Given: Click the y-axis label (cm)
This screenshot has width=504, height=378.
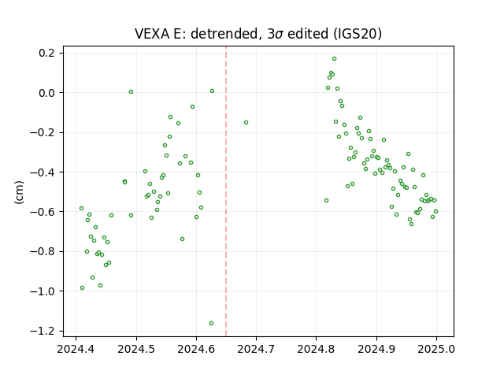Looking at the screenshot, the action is pyautogui.click(x=19, y=192).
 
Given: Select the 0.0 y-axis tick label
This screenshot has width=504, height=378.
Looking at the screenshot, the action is pyautogui.click(x=46, y=93).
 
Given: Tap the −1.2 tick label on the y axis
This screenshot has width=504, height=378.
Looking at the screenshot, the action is pyautogui.click(x=42, y=331).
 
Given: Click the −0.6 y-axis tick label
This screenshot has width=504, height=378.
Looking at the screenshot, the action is pyautogui.click(x=42, y=212).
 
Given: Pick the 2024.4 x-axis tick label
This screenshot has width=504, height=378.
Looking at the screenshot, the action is pyautogui.click(x=76, y=349).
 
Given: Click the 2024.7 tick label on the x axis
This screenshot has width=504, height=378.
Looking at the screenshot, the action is pyautogui.click(x=256, y=349).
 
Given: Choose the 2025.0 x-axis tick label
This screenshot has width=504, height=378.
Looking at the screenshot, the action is pyautogui.click(x=436, y=349).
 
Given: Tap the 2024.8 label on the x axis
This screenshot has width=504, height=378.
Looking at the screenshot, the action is pyautogui.click(x=316, y=349).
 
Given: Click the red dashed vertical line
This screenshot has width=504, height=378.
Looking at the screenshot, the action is pyautogui.click(x=226, y=191).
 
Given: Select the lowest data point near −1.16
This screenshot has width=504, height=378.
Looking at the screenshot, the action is pyautogui.click(x=211, y=323).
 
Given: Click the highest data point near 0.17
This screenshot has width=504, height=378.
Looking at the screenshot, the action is pyautogui.click(x=334, y=59).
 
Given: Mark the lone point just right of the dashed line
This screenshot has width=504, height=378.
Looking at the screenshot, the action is pyautogui.click(x=246, y=123).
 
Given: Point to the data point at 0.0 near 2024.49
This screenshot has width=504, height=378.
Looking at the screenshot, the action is pyautogui.click(x=132, y=91).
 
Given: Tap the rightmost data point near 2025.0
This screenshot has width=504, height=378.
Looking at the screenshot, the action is pyautogui.click(x=435, y=212).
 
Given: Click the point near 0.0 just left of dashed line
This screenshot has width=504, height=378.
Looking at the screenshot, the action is pyautogui.click(x=212, y=91).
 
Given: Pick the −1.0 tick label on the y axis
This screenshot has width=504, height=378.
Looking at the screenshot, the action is pyautogui.click(x=42, y=291).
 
